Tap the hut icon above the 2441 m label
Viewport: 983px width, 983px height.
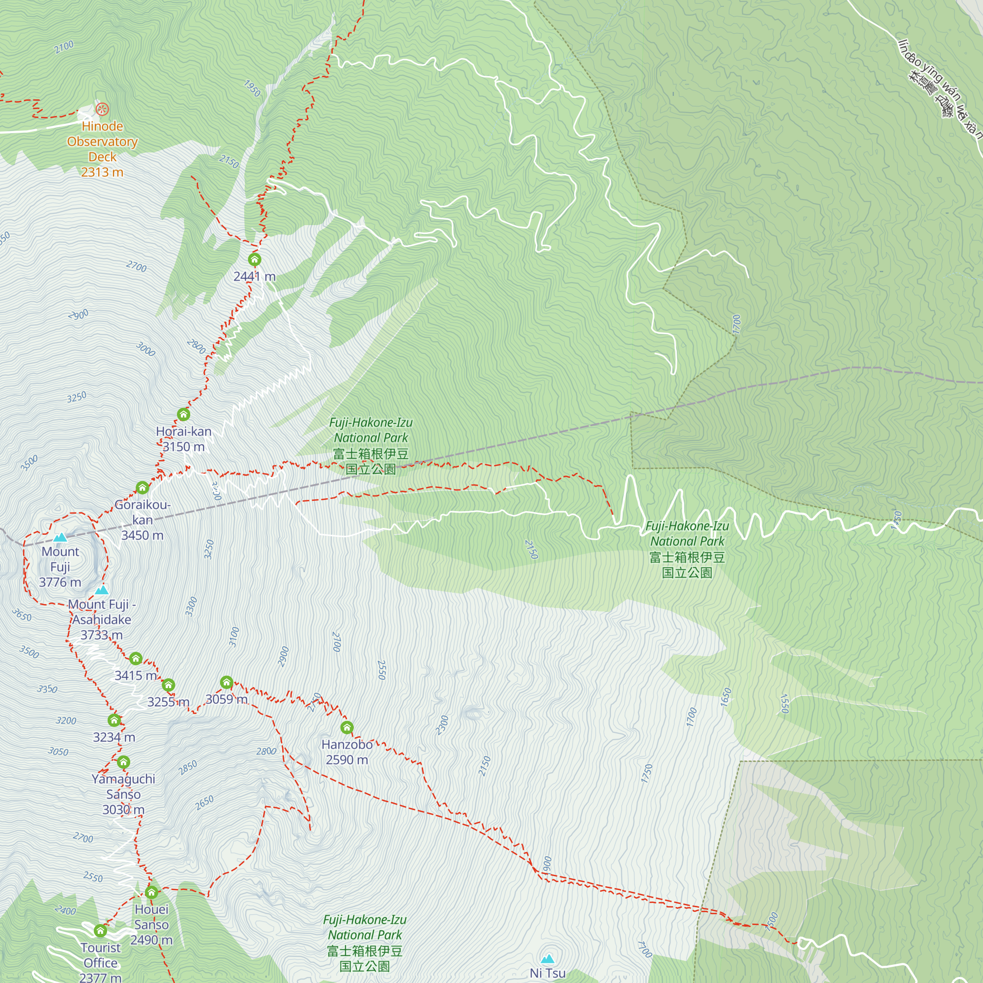[255, 260]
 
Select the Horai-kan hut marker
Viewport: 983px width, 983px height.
[184, 414]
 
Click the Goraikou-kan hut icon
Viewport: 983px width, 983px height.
[143, 488]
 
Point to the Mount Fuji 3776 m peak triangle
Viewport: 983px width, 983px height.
[60, 537]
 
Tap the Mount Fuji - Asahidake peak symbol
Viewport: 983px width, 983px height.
[102, 590]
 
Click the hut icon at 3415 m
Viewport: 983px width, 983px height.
[135, 659]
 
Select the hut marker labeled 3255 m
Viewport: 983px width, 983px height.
[169, 685]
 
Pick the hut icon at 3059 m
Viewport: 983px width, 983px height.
[227, 682]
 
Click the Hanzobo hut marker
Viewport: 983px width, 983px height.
[347, 727]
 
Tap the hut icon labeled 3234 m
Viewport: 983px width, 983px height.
[114, 720]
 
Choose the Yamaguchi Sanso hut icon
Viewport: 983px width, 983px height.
[123, 762]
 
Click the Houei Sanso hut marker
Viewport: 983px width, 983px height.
[151, 893]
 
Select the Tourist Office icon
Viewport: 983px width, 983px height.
[100, 930]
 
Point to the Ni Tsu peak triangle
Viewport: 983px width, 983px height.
[548, 959]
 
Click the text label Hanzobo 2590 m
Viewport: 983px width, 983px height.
[347, 752]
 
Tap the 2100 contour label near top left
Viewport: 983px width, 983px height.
[64, 47]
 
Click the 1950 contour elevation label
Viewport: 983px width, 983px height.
[252, 88]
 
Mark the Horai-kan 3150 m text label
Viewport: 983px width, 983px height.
[184, 439]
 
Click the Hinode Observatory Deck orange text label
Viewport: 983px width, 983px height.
[102, 148]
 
